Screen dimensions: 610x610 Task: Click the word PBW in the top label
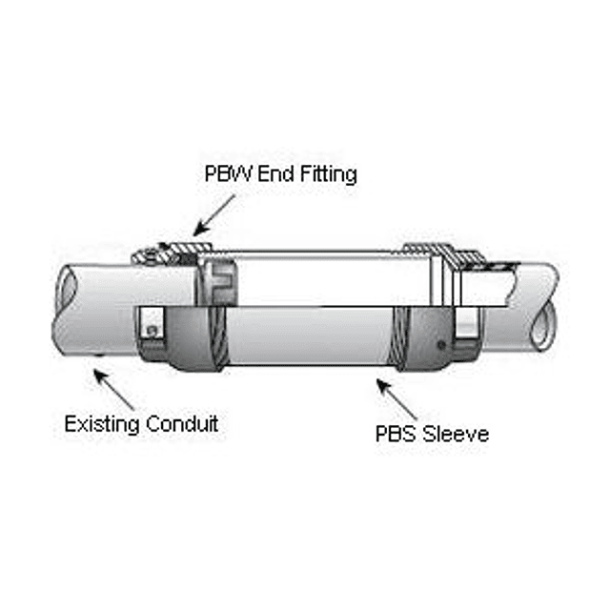click(227, 174)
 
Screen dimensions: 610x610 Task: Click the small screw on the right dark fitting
click(439, 343)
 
